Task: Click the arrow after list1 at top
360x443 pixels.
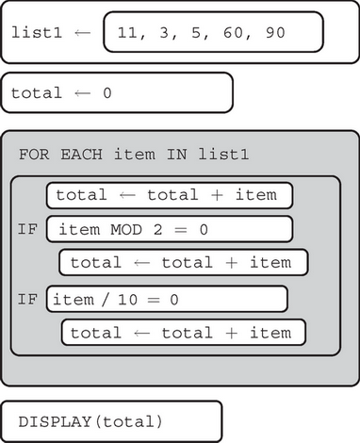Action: [x=82, y=32]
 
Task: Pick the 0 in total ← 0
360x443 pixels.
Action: [x=106, y=93]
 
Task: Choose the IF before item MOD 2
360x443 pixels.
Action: [x=27, y=229]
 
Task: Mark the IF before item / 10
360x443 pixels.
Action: [x=27, y=300]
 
